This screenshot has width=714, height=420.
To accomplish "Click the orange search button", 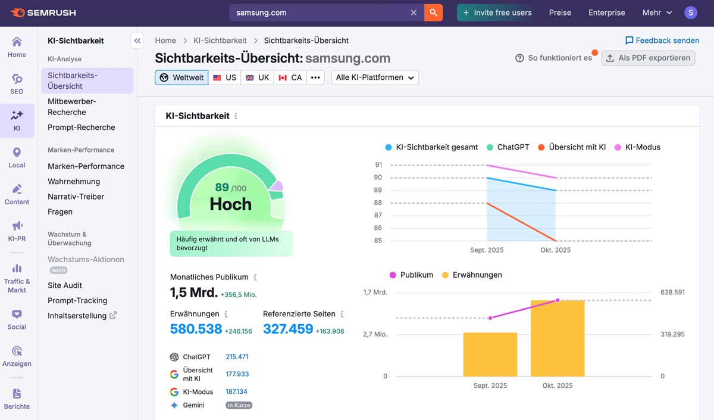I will (x=433, y=13).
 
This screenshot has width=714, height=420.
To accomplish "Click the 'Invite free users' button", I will (x=497, y=13).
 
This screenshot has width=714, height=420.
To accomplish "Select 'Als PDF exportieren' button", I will (x=648, y=58).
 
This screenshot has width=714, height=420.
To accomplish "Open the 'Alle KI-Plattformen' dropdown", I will (x=375, y=77).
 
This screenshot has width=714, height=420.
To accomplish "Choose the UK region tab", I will (x=257, y=77).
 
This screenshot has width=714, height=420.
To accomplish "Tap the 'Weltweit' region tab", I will (x=181, y=77).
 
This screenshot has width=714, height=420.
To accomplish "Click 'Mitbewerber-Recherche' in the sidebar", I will (x=71, y=107).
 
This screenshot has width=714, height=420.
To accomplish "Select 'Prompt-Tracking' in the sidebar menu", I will (x=77, y=300).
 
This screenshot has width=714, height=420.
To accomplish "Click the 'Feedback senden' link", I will (x=662, y=41).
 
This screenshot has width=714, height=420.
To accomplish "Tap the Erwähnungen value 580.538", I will (x=196, y=329).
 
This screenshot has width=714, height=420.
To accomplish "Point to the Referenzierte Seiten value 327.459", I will (x=288, y=329).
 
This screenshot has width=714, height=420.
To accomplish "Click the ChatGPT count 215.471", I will (x=237, y=357).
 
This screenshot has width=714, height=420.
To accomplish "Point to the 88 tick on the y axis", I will (x=378, y=203).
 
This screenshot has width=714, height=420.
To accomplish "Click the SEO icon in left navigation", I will (x=17, y=83).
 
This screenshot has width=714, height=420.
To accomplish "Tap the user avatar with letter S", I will (x=690, y=13).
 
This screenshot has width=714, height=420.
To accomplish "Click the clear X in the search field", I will (x=414, y=13).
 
